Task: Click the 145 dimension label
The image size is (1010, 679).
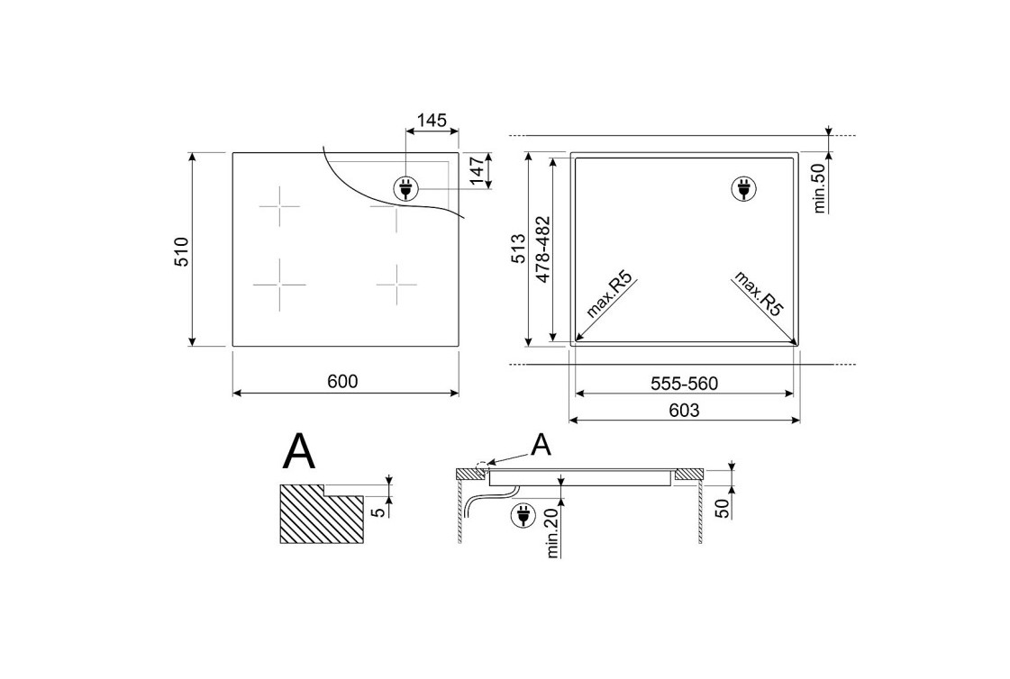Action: tap(432, 121)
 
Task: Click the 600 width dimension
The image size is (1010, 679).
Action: tap(342, 382)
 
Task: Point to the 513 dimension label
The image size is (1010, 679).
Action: tap(519, 249)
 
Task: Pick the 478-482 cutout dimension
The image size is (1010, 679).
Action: tap(543, 249)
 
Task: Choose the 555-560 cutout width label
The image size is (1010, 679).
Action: tap(684, 385)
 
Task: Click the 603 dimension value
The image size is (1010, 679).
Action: tap(684, 410)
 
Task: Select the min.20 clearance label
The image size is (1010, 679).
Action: tap(552, 532)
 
